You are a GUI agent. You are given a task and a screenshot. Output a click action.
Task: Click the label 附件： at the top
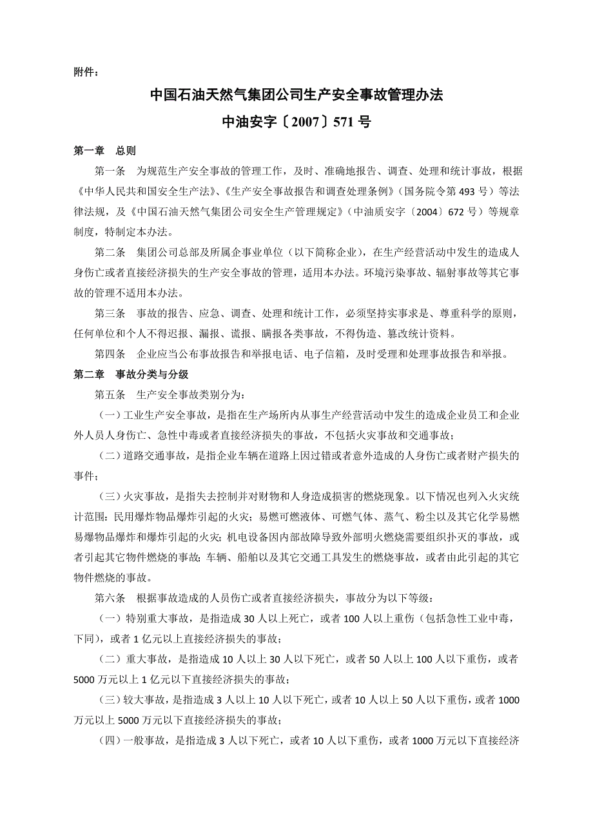coord(87,71)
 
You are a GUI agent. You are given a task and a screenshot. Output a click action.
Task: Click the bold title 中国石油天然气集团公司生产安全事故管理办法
coord(296,95)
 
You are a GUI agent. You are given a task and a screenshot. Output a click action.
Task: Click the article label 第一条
coord(110,171)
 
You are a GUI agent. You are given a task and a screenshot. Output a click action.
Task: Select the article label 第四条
coord(110,354)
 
